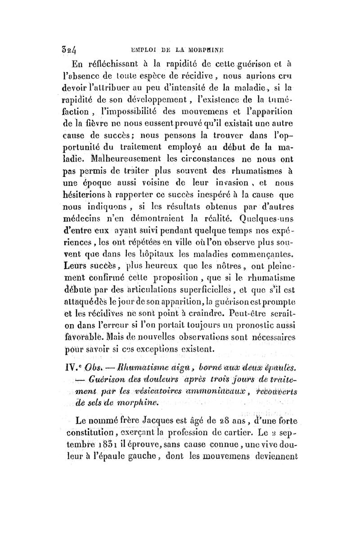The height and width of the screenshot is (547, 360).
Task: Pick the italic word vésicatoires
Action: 148,386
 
